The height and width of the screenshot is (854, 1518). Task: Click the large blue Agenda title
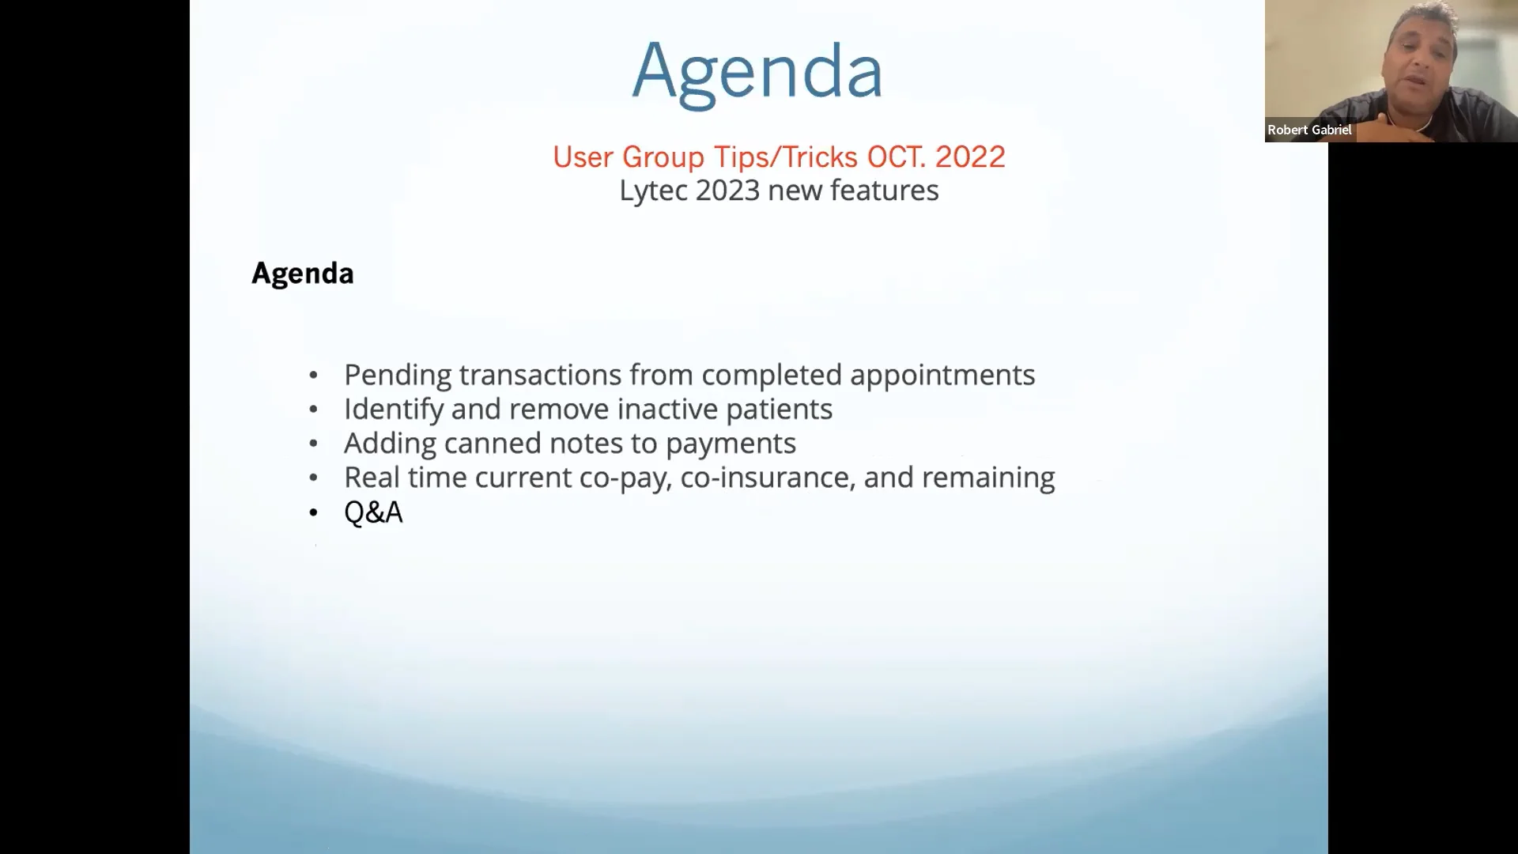click(x=757, y=71)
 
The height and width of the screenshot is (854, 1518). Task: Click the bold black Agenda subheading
click(x=302, y=274)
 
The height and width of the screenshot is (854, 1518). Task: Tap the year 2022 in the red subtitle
click(x=970, y=157)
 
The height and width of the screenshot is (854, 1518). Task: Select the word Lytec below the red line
click(x=653, y=191)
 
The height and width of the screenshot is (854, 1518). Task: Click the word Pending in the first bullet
click(x=398, y=375)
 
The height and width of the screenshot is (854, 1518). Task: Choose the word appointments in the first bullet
click(x=942, y=375)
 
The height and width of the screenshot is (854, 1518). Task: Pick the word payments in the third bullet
click(x=731, y=443)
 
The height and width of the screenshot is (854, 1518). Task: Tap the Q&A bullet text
click(x=373, y=512)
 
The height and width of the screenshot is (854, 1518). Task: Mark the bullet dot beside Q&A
click(x=314, y=513)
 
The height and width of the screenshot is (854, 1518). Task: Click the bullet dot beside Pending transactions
click(x=314, y=376)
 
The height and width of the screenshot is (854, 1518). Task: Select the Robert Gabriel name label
click(x=1309, y=130)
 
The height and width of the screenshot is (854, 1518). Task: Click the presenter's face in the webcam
click(x=1420, y=59)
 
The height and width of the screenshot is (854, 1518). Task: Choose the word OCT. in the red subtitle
click(x=897, y=157)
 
